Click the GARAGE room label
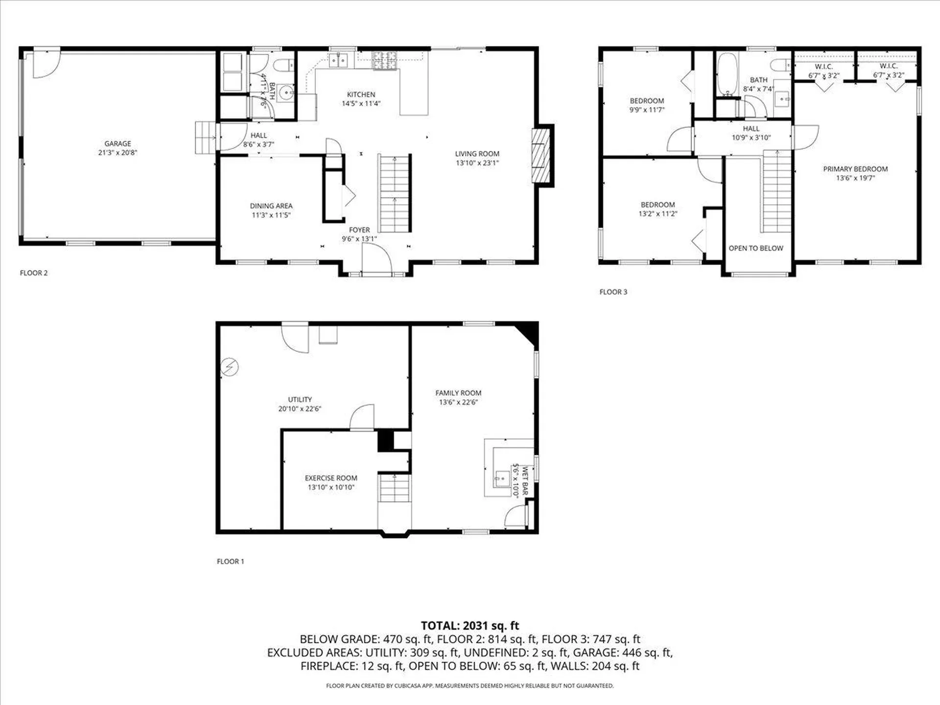click(117, 143)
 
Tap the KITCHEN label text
click(361, 94)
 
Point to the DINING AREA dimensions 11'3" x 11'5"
click(271, 215)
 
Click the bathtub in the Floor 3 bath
click(727, 75)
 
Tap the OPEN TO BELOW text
click(755, 248)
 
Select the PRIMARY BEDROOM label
click(855, 169)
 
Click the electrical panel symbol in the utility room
click(229, 367)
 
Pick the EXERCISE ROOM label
click(331, 478)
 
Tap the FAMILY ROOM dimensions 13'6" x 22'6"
click(458, 402)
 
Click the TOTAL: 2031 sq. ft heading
click(470, 625)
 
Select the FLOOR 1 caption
click(230, 562)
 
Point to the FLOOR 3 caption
click(613, 292)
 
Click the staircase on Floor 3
click(777, 191)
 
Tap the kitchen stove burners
click(384, 61)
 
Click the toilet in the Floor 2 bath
click(283, 65)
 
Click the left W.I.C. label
click(823, 67)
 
